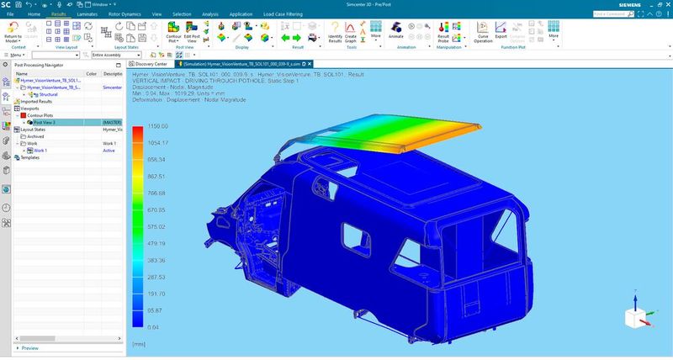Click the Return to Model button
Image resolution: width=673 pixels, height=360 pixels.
pos(13,34)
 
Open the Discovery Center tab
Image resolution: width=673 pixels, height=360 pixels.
pos(151,64)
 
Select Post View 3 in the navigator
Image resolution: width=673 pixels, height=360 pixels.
pos(45,122)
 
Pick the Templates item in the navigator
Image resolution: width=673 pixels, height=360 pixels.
pos(29,157)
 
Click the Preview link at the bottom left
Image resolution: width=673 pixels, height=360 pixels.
pos(29,347)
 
